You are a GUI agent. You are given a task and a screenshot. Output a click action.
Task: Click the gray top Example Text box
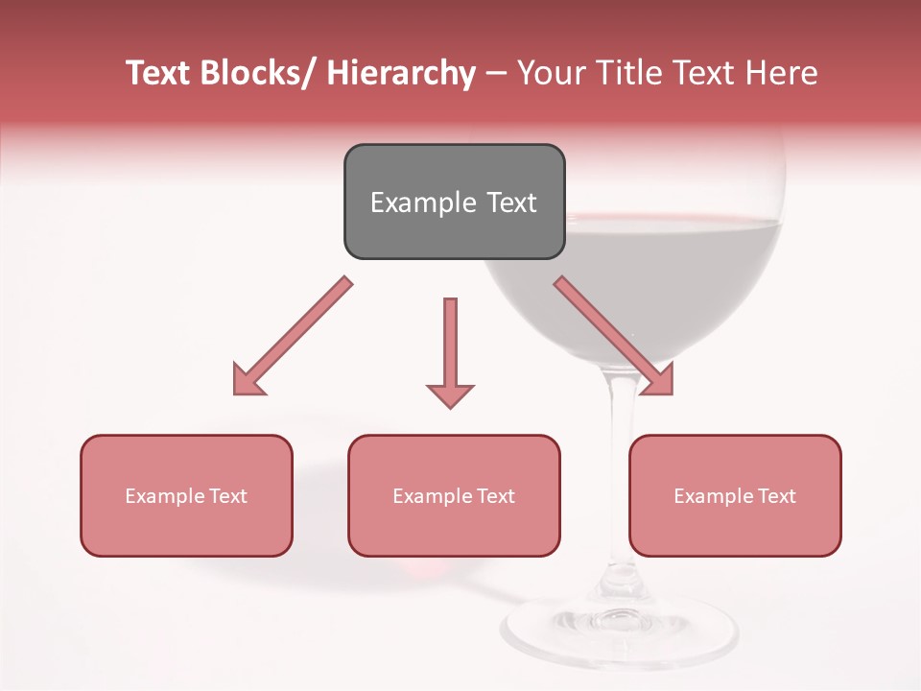point(454,202)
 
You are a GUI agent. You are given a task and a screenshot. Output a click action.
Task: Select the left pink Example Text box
point(186,495)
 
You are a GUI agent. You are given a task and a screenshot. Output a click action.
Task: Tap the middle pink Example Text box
point(454,495)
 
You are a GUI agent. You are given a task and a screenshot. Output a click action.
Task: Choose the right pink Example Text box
point(735,495)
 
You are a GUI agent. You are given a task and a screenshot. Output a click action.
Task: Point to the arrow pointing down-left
point(293,337)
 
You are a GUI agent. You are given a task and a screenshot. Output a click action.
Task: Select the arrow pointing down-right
point(614,337)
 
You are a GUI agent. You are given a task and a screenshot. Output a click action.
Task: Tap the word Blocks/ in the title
point(252,74)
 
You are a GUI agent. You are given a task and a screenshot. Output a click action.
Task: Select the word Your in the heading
point(548,74)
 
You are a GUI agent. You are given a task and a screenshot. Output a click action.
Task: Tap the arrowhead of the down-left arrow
point(248,380)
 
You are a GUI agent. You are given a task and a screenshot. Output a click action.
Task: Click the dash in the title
point(496,74)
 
